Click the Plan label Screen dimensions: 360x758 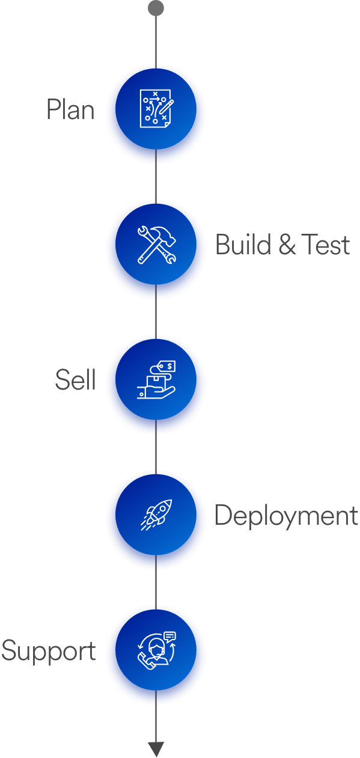70,109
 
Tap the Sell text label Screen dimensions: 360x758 76,380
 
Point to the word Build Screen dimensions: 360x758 243,244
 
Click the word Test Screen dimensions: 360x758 326,244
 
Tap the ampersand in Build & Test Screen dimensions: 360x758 287,244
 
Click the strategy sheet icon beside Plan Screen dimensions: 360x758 156,109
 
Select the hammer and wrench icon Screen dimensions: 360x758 156,244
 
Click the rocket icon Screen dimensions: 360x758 156,515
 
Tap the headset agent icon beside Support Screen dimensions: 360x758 157,650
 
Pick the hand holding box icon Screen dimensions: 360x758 156,379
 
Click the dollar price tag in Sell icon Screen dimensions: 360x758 167,366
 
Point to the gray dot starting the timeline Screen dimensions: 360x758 156,8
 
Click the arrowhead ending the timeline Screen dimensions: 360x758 156,749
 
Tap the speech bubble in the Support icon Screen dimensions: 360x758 170,637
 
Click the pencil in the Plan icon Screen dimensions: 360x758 166,106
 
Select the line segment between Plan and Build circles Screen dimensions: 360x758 156,176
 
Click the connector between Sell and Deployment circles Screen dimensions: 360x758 156,447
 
